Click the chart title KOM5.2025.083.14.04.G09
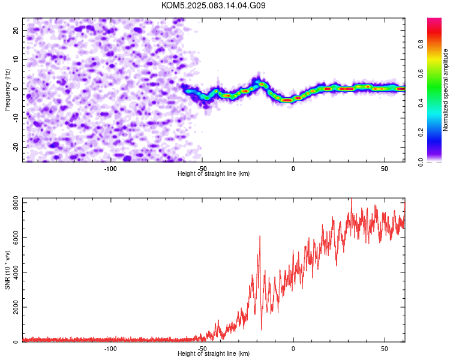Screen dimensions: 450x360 click(x=213, y=5)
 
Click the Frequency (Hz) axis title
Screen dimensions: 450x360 click(x=7, y=89)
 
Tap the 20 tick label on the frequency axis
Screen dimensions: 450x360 click(x=16, y=30)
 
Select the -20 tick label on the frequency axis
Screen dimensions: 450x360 click(x=16, y=147)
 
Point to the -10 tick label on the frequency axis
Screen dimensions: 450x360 click(x=16, y=118)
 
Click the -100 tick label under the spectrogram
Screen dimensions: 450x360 click(x=110, y=169)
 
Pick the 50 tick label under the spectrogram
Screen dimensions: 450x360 click(x=384, y=169)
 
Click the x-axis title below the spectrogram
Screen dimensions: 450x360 click(x=214, y=173)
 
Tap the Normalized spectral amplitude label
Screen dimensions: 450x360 click(x=445, y=90)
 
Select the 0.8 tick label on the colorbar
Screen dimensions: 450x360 click(x=421, y=44)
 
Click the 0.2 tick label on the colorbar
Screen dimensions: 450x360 click(x=421, y=133)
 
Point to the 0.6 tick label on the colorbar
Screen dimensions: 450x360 click(x=421, y=73)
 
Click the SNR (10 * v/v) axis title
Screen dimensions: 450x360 click(x=7, y=270)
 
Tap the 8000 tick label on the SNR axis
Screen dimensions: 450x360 click(x=16, y=203)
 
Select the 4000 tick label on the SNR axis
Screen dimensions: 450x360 click(x=16, y=272)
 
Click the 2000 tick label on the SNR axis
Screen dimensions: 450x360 click(x=16, y=307)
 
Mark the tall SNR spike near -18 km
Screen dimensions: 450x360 click(x=260, y=236)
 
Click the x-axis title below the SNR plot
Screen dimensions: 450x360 click(x=214, y=353)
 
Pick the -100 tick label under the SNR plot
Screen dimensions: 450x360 click(x=110, y=349)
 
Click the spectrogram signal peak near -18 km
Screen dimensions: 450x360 click(x=262, y=84)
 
